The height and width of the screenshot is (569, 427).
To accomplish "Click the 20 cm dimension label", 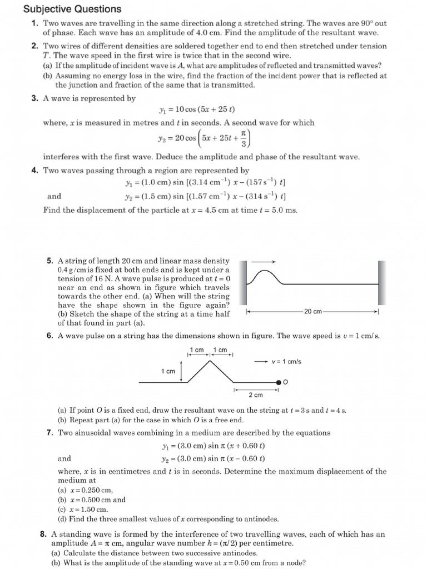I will (x=312, y=312).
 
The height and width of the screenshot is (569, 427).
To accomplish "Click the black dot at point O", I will (x=279, y=382).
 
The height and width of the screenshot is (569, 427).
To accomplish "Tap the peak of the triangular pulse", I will (x=210, y=361).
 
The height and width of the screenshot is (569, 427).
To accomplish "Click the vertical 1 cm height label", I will (x=168, y=371).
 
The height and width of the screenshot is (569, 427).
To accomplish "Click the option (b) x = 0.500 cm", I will (x=92, y=500).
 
